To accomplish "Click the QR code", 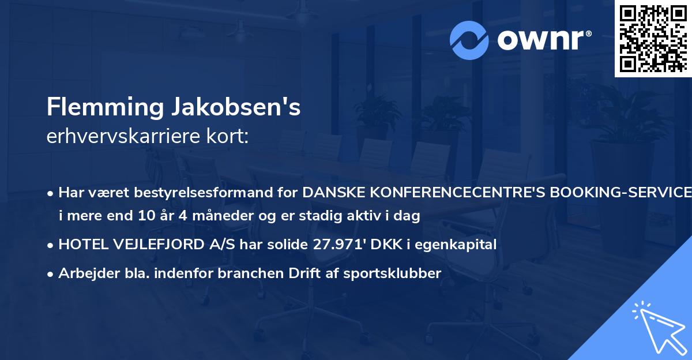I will click(653, 39).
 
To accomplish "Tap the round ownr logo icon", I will click(469, 40).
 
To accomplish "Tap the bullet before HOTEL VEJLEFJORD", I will click(51, 245).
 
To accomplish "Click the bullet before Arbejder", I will click(51, 274).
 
